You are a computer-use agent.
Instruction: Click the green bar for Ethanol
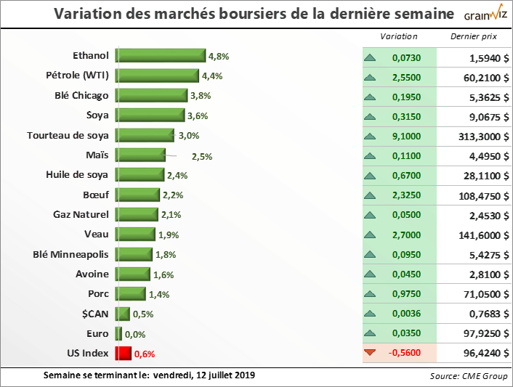point(161,55)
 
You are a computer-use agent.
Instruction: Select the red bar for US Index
point(122,354)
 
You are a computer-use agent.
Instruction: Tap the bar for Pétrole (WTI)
point(157,76)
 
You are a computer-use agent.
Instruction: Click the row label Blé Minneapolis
point(71,254)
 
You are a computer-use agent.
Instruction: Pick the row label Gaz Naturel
point(81,214)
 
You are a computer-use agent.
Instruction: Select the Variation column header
point(399,36)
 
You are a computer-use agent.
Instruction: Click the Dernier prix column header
point(474,36)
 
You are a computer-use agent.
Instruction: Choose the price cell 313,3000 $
point(481,136)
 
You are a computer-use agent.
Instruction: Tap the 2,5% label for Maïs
point(201,155)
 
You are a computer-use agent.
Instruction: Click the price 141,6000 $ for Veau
point(481,235)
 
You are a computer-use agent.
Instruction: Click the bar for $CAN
point(122,314)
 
